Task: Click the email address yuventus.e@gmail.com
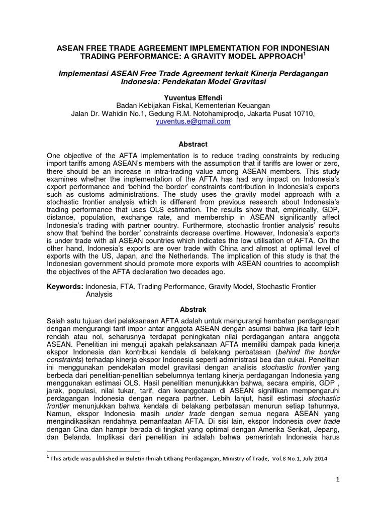click(x=193, y=121)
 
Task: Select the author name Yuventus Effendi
click(x=193, y=97)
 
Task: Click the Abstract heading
click(x=193, y=144)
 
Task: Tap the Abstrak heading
click(x=193, y=310)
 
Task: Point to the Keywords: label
click(x=64, y=287)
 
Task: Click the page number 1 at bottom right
click(x=338, y=480)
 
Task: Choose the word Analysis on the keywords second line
click(x=99, y=295)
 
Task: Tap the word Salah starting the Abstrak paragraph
click(x=56, y=321)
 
